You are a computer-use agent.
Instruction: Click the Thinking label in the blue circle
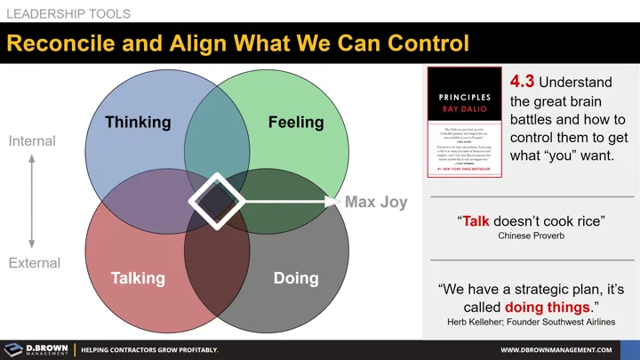[138, 122]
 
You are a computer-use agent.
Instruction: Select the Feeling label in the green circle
[296, 122]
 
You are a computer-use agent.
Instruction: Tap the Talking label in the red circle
[138, 277]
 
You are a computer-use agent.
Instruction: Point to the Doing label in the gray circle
[296, 277]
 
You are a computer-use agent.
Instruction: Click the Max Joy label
[376, 202]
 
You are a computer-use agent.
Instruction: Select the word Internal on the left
[32, 141]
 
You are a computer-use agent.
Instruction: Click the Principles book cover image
[464, 123]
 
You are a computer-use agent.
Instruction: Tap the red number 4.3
[524, 83]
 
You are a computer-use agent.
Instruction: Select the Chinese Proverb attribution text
[531, 236]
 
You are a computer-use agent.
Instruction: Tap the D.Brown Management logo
[36, 349]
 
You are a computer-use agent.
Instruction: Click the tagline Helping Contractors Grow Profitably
[149, 350]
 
